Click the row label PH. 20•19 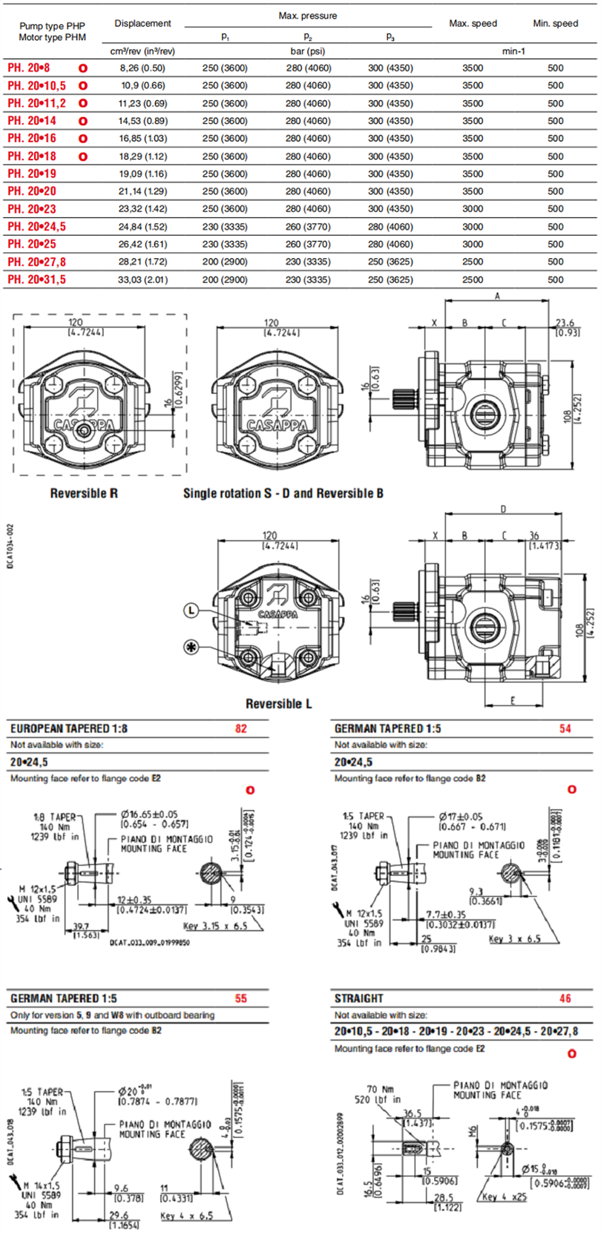[32, 174]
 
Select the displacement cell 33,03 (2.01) [143, 280]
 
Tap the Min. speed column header [555, 24]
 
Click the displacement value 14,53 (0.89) [143, 121]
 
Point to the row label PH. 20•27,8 [36, 262]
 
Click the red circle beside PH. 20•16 [83, 139]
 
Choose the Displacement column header [143, 24]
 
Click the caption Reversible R [84, 493]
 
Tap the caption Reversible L [279, 703]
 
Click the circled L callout [192, 610]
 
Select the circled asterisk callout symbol [192, 647]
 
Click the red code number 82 [241, 728]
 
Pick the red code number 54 [565, 728]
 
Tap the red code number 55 [241, 998]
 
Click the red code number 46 [565, 998]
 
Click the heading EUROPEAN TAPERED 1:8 [69, 728]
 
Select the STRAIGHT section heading [359, 998]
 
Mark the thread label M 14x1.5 [39, 1185]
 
